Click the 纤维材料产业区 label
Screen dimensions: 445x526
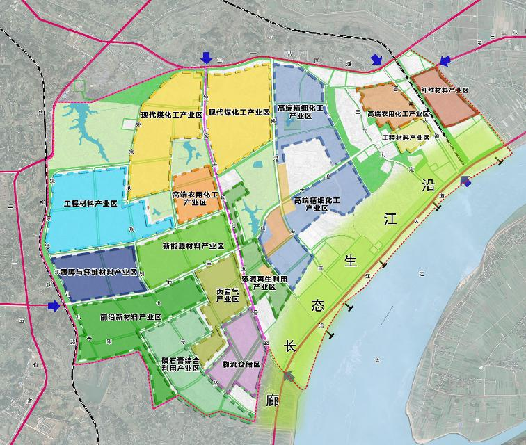pos(445,90)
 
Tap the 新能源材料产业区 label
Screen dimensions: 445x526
pos(193,246)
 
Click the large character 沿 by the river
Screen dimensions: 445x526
pos(427,184)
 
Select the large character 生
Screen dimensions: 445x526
pos(351,261)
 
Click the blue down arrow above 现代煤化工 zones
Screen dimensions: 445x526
pos(207,57)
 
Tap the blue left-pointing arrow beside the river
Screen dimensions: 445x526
pos(466,182)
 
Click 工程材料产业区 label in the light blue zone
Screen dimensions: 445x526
pos(90,204)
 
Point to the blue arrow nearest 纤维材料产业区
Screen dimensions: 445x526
pos(446,60)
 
